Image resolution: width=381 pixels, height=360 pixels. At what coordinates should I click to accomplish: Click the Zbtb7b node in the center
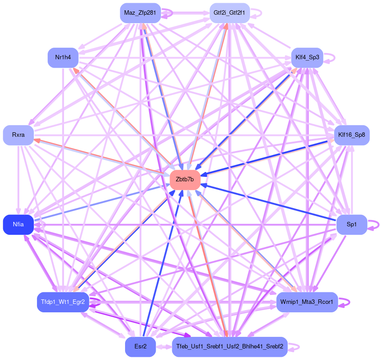tap(185, 180)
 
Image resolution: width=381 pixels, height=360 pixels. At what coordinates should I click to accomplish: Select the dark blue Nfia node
tap(18, 225)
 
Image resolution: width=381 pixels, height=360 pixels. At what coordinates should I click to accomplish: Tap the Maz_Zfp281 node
tap(140, 13)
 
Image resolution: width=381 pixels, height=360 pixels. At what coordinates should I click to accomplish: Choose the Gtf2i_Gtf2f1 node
tap(229, 13)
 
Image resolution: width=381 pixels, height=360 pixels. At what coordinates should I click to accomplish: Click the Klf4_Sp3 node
tap(307, 58)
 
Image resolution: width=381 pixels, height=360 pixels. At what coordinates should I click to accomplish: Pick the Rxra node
tap(18, 135)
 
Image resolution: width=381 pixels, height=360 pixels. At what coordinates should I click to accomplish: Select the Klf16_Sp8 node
tap(351, 135)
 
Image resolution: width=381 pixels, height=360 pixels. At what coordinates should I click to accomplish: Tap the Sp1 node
tap(352, 225)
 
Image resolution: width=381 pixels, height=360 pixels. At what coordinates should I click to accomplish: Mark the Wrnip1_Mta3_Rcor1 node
tap(307, 302)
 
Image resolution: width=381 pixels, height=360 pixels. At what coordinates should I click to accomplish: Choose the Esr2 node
tap(140, 347)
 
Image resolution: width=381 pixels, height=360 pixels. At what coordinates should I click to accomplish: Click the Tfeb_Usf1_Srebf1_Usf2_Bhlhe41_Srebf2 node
tap(230, 347)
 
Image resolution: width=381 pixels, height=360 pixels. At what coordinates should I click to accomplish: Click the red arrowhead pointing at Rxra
tap(37, 140)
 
